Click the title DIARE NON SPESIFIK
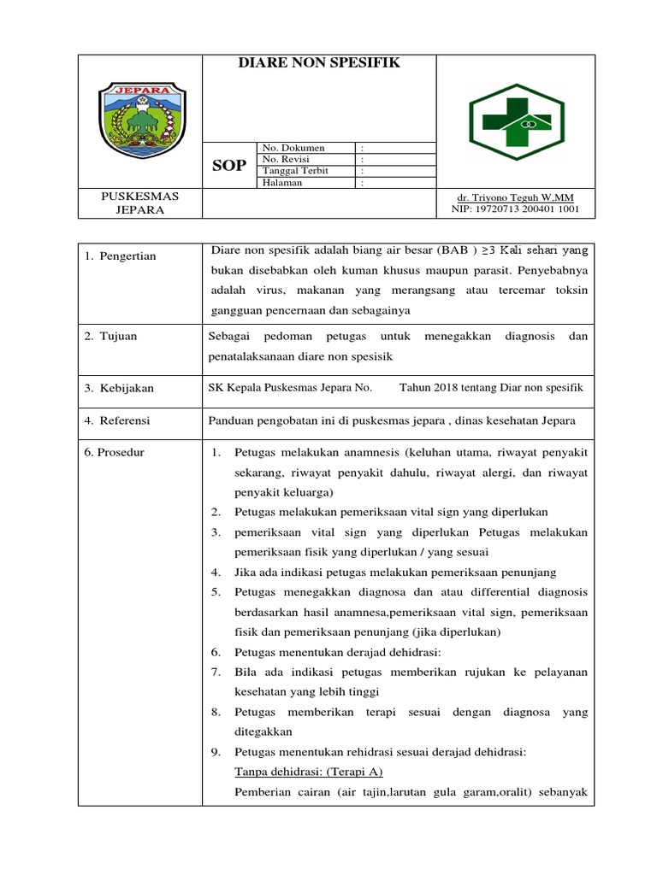(318, 63)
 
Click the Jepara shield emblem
(140, 121)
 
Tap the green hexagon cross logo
(516, 121)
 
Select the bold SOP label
(228, 165)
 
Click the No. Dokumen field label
(293, 148)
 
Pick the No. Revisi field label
(286, 159)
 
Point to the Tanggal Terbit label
(295, 170)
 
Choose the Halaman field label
(282, 182)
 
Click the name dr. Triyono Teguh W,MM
(515, 197)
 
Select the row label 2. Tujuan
(110, 337)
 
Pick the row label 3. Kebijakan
(119, 388)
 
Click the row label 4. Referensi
(117, 420)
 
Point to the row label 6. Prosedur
(114, 453)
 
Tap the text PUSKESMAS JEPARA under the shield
(140, 203)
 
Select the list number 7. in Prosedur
(216, 672)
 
